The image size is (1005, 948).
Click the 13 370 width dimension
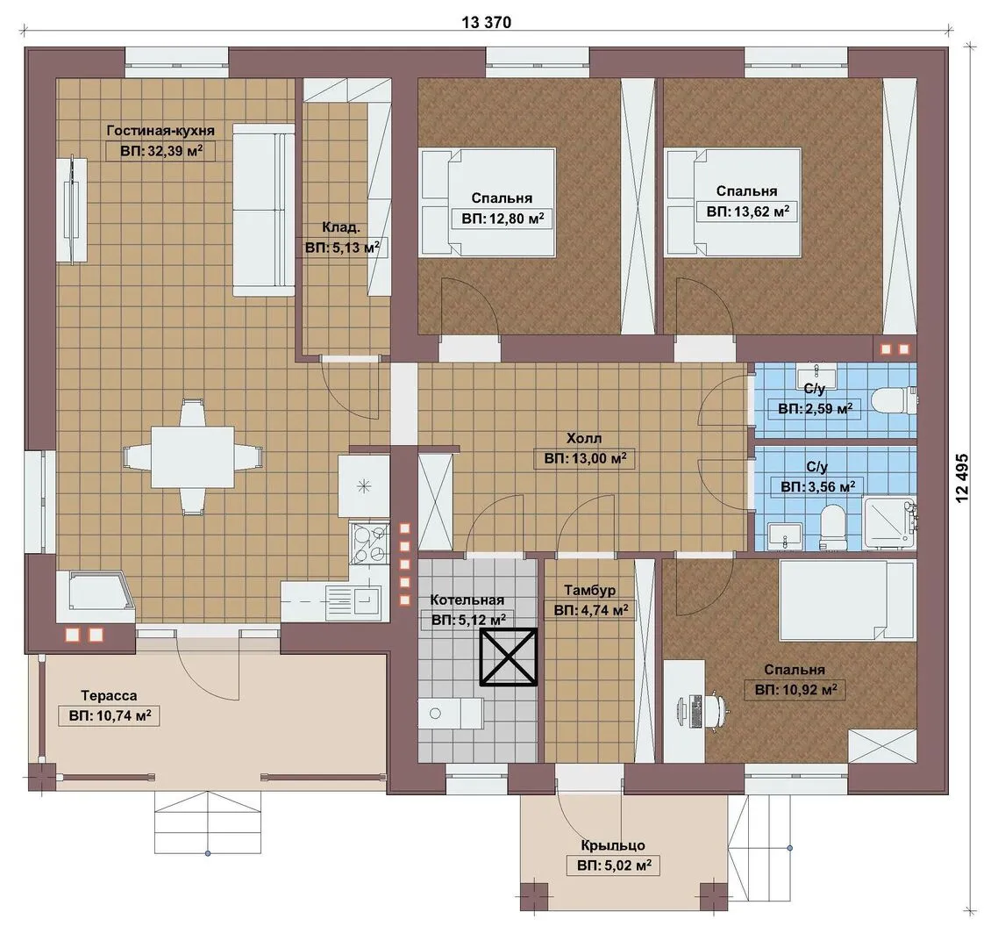click(x=487, y=23)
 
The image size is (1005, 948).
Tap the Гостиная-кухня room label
click(x=160, y=130)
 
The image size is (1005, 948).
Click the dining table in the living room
click(x=192, y=456)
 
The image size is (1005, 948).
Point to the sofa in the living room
click(x=263, y=210)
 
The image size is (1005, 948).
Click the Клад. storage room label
click(x=340, y=227)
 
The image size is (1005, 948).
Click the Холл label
click(x=584, y=439)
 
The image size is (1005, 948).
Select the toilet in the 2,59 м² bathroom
click(x=895, y=400)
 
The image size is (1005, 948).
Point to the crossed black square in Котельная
click(x=509, y=657)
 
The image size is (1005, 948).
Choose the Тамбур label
click(x=589, y=590)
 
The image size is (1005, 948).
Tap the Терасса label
click(x=109, y=695)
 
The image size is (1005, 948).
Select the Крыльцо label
click(x=613, y=845)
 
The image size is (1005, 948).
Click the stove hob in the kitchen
click(x=369, y=543)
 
